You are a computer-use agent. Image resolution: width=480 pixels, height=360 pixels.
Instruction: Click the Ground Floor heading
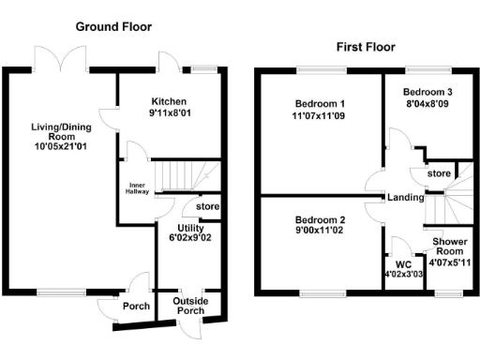(113, 26)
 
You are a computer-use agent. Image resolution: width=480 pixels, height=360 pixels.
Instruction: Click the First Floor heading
(365, 46)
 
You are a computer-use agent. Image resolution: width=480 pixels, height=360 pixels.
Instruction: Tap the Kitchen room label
(170, 101)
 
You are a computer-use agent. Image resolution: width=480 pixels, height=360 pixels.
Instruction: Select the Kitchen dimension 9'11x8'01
(170, 114)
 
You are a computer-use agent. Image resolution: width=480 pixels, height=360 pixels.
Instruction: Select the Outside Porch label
(192, 306)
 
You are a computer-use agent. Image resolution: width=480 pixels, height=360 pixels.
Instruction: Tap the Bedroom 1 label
(320, 103)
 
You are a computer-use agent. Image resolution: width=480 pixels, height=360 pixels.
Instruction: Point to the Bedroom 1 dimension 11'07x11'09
(320, 116)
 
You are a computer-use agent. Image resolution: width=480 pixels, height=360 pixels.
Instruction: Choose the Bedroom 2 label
(320, 220)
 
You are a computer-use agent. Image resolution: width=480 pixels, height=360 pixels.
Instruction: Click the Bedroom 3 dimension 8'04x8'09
(427, 105)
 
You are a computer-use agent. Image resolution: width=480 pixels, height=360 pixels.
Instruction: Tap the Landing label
(405, 197)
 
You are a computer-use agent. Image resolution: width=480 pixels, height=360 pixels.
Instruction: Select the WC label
(404, 265)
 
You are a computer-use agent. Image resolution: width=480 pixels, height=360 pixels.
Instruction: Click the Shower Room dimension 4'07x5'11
(449, 264)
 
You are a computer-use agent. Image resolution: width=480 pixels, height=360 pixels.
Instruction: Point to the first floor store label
(438, 173)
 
